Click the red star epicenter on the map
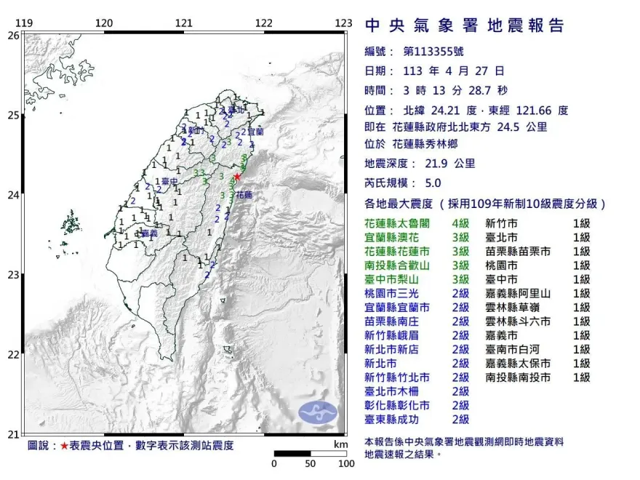pyautogui.click(x=236, y=176)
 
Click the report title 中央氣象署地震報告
pyautogui.click(x=464, y=25)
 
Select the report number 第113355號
pyautogui.click(x=432, y=52)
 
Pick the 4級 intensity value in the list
pyautogui.click(x=460, y=224)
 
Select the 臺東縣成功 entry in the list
pyautogui.click(x=397, y=419)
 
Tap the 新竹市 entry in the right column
pyautogui.click(x=501, y=224)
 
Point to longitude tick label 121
pyautogui.click(x=184, y=23)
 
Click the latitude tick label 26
pyautogui.click(x=13, y=35)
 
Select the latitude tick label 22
pyautogui.click(x=13, y=355)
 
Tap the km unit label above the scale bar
pyautogui.click(x=340, y=444)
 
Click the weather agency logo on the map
pyautogui.click(x=319, y=412)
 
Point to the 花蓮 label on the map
pyautogui.click(x=244, y=195)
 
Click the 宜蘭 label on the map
pyautogui.click(x=255, y=132)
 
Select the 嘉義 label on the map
pyautogui.click(x=150, y=233)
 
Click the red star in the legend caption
pyautogui.click(x=64, y=445)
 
